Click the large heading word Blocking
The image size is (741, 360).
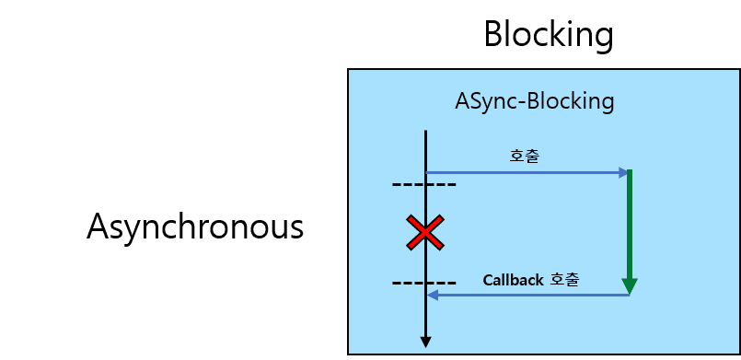[x=548, y=35]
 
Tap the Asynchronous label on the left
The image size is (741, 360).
[x=195, y=226]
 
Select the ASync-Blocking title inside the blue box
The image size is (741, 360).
[x=534, y=100]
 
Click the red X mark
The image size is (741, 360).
[x=424, y=233]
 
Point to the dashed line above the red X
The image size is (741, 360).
[x=423, y=185]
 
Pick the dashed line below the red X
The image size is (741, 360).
[x=423, y=283]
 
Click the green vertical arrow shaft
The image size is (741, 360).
[x=630, y=221]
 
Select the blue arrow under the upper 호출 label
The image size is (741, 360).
[x=525, y=172]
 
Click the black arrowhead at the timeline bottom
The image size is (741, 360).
[x=425, y=342]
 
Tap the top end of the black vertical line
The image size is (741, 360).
[x=425, y=133]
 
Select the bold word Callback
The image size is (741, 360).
[x=513, y=279]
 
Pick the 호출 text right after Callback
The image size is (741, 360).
[x=564, y=279]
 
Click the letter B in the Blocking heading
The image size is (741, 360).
[x=495, y=35]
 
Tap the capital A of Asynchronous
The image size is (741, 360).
[x=98, y=226]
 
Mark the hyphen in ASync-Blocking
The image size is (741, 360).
[x=519, y=102]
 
